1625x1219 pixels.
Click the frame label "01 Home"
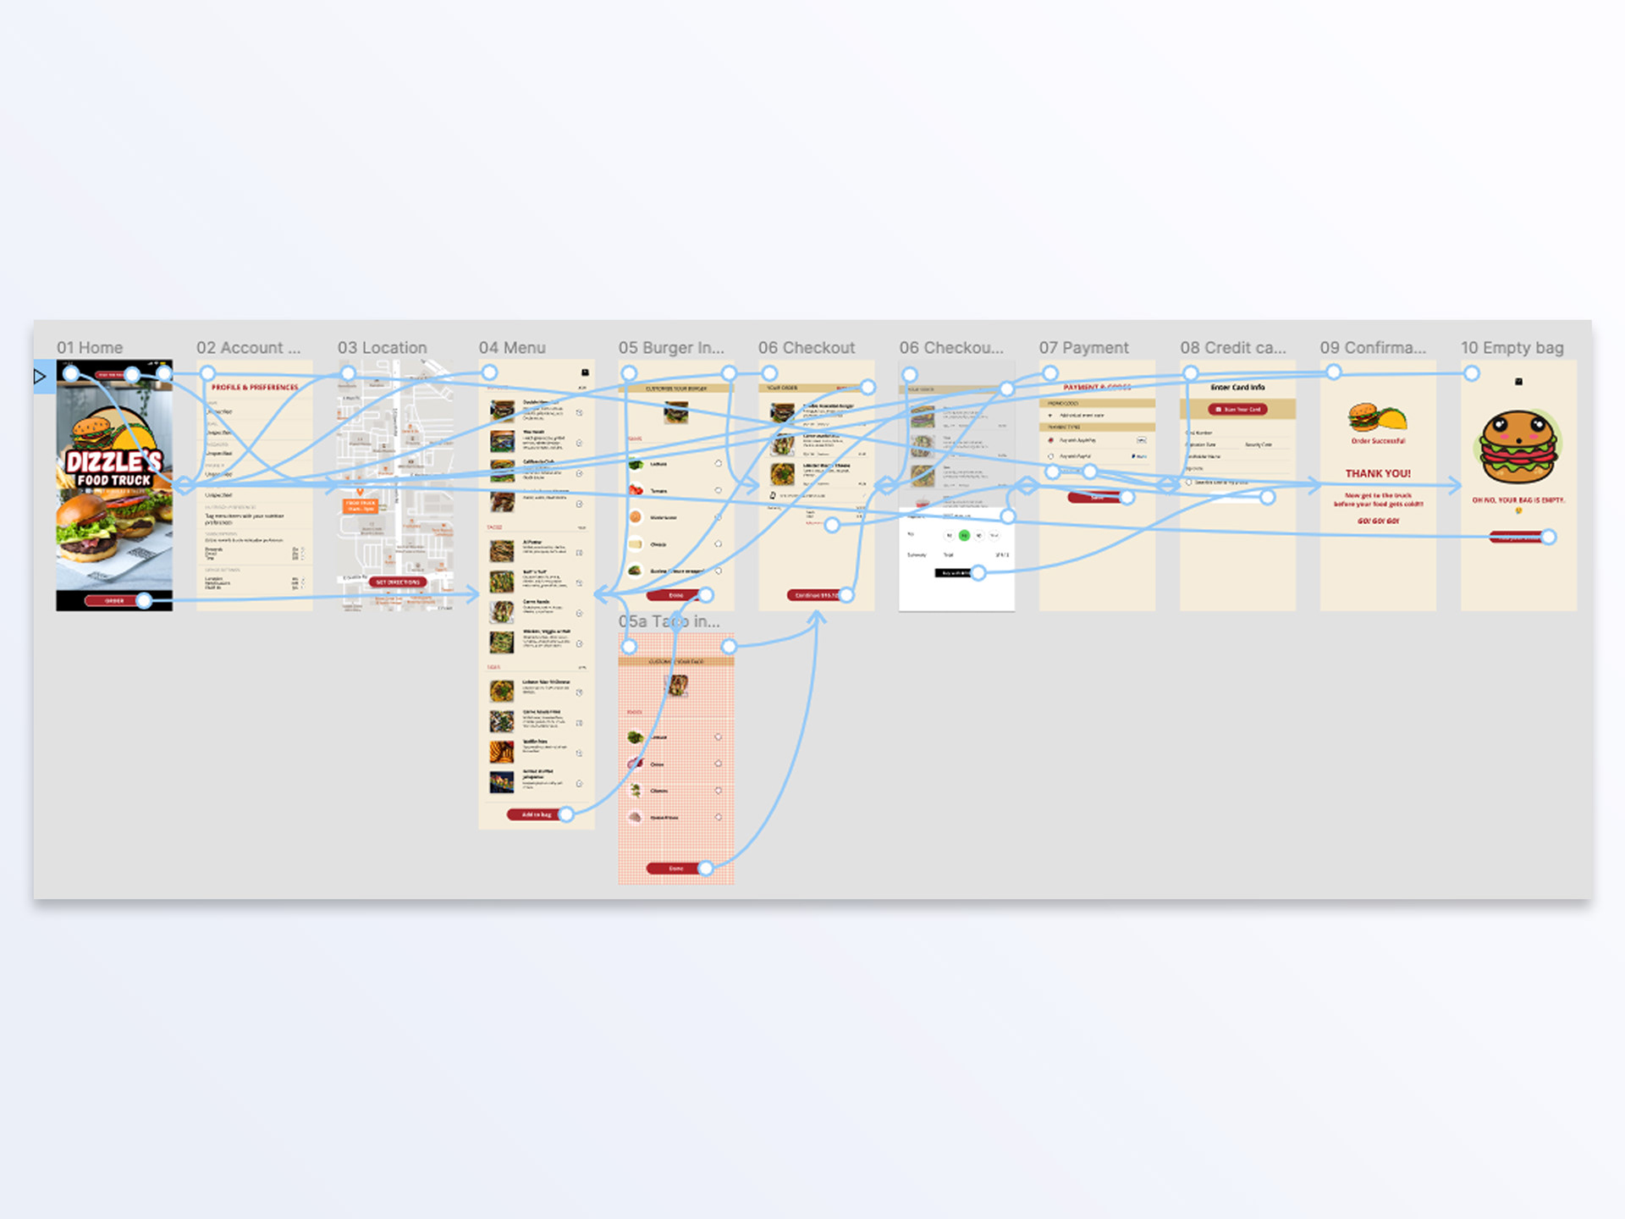(90, 348)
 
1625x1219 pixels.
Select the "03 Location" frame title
(382, 348)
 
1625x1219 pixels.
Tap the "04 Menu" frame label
(512, 348)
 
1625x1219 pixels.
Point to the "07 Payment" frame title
(1083, 348)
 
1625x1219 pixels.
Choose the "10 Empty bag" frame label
(1512, 348)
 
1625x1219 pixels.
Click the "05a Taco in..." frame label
(669, 622)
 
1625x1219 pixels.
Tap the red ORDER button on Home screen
(114, 601)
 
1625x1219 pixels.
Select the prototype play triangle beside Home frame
(40, 376)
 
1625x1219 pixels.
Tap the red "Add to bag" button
(536, 814)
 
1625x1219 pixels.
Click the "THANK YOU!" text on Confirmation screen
(1378, 474)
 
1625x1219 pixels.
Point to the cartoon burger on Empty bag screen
(1518, 446)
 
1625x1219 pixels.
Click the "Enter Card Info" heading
(1237, 387)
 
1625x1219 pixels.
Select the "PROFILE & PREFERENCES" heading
(255, 387)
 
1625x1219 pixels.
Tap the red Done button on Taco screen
(675, 869)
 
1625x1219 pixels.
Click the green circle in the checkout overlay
(964, 536)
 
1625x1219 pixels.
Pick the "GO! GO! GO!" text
(1378, 521)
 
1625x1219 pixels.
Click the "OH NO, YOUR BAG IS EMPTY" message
(1518, 500)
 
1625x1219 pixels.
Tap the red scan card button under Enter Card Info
(1237, 410)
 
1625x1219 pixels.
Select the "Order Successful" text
(1378, 441)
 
